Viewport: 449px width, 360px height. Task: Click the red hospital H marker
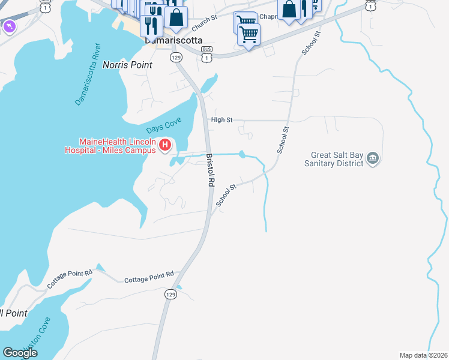(x=166, y=145)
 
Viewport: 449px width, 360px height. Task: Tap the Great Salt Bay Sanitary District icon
(x=373, y=158)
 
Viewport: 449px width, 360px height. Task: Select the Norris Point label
(x=127, y=64)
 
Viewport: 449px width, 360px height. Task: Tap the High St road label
(x=221, y=120)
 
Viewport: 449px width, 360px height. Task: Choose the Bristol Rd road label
(x=211, y=172)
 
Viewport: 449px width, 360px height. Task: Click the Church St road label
(x=204, y=24)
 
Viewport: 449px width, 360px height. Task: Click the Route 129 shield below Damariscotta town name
(x=175, y=57)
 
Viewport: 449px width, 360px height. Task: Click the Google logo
(x=20, y=352)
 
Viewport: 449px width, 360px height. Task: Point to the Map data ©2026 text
(x=423, y=355)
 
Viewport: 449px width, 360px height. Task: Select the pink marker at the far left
(x=10, y=26)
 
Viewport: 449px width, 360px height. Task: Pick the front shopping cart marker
(x=249, y=34)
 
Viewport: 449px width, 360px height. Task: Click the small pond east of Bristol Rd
(x=242, y=155)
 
